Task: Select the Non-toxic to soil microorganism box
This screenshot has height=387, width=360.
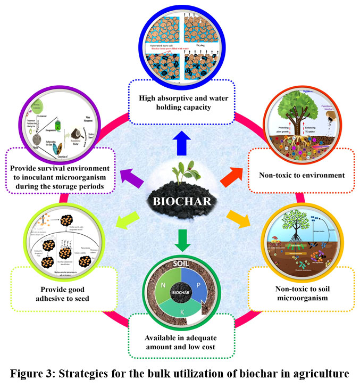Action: click(302, 290)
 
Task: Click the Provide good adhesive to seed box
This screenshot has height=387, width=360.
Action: click(63, 290)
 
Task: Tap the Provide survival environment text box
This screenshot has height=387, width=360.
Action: click(62, 171)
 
